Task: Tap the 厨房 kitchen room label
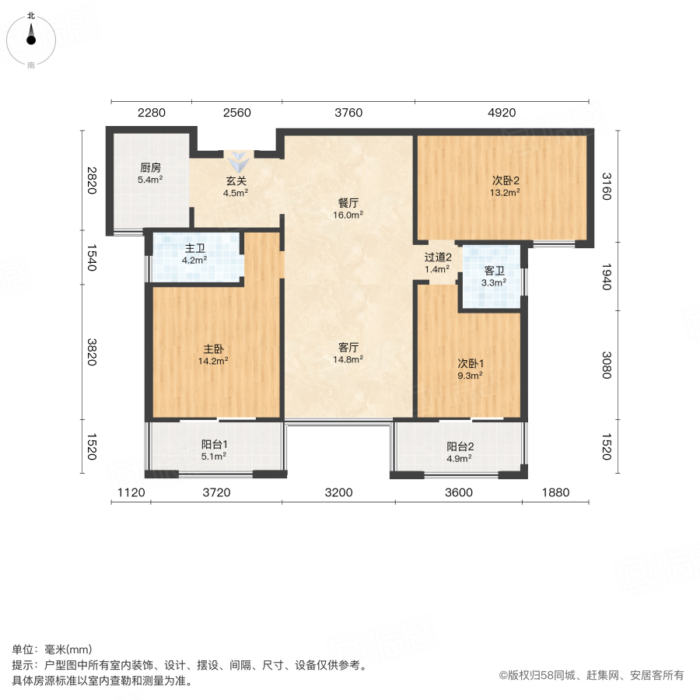pyautogui.click(x=150, y=167)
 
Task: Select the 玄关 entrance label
pyautogui.click(x=236, y=181)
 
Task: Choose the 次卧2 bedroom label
pyautogui.click(x=505, y=180)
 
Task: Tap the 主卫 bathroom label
pyautogui.click(x=194, y=248)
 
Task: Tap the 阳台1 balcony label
pyautogui.click(x=214, y=445)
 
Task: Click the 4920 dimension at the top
pyautogui.click(x=502, y=113)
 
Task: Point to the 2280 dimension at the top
pyautogui.click(x=152, y=113)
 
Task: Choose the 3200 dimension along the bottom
pyautogui.click(x=338, y=492)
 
